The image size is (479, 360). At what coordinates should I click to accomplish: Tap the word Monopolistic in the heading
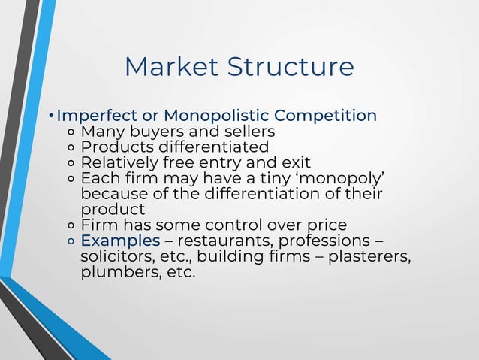point(214,116)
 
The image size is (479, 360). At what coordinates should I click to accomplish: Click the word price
point(327,225)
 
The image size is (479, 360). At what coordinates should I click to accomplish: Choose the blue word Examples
point(120,241)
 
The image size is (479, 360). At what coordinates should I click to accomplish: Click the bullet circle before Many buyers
point(71,133)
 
